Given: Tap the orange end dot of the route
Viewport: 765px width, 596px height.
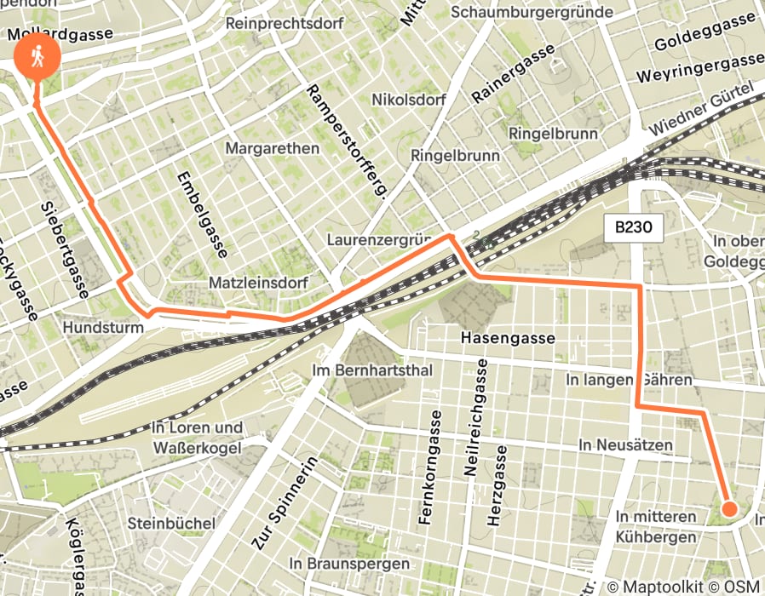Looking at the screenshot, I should click(x=729, y=508).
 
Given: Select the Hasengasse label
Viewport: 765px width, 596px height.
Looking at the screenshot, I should click(x=508, y=338).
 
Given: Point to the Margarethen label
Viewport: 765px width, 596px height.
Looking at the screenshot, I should click(x=273, y=148).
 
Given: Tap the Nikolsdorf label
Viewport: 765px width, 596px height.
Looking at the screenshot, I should click(x=409, y=100).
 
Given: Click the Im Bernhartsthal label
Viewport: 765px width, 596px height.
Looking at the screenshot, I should click(x=373, y=370).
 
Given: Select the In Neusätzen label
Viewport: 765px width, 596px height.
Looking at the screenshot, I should click(x=625, y=444).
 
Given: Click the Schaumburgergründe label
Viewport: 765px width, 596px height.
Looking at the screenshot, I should click(x=532, y=12).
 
